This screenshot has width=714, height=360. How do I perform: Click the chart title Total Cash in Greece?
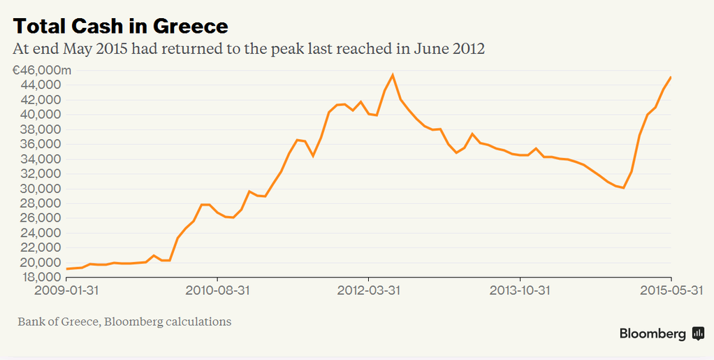[x=120, y=26]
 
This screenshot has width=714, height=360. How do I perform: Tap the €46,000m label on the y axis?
[x=41, y=70]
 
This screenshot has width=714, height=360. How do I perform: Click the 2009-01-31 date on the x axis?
[x=66, y=289]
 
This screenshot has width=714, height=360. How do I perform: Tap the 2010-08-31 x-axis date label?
[x=217, y=289]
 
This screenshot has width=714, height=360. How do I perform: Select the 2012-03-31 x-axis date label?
[x=368, y=289]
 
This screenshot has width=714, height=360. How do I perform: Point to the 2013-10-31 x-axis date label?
[x=520, y=289]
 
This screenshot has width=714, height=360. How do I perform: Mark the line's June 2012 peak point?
[x=393, y=74]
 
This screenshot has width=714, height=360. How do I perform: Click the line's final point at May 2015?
[x=671, y=77]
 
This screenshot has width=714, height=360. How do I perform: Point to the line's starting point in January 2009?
[x=66, y=268]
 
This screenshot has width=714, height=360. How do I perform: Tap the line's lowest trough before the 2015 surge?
[x=623, y=188]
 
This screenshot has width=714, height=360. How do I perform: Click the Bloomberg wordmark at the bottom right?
[x=653, y=334]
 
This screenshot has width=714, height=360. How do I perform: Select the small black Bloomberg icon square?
[x=698, y=333]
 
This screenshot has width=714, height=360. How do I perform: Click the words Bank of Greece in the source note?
[x=55, y=322]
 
